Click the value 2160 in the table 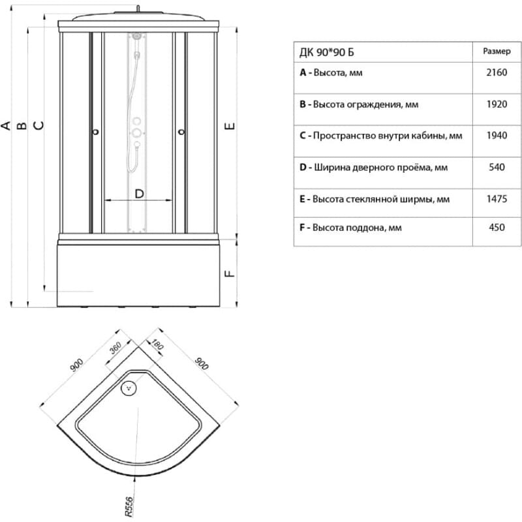pyautogui.click(x=497, y=73)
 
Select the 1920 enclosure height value pyautogui.click(x=497, y=104)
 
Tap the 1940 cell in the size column pyautogui.click(x=497, y=136)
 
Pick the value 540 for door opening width pyautogui.click(x=497, y=168)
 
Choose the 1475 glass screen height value pyautogui.click(x=497, y=199)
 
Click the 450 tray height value pyautogui.click(x=497, y=228)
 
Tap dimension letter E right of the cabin pyautogui.click(x=229, y=125)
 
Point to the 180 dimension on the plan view pyautogui.click(x=157, y=344)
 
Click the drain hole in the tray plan pyautogui.click(x=129, y=388)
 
